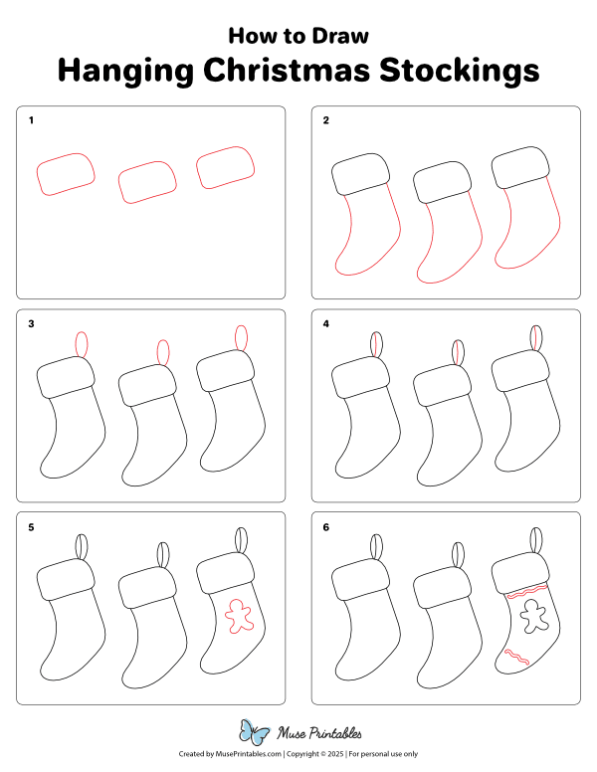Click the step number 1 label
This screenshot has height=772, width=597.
[x=31, y=121]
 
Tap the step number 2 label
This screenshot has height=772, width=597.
[x=325, y=121]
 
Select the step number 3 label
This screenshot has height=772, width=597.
[x=31, y=324]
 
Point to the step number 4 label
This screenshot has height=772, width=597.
[x=325, y=324]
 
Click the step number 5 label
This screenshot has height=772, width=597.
[x=31, y=527]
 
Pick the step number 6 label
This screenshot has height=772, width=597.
[x=325, y=527]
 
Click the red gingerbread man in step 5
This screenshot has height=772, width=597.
[x=238, y=615]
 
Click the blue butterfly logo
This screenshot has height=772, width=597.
[x=255, y=734]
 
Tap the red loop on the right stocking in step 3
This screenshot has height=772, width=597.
[x=241, y=338]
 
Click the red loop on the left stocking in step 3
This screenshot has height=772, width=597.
[x=82, y=344]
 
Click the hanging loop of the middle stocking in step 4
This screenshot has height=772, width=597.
[x=458, y=353]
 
